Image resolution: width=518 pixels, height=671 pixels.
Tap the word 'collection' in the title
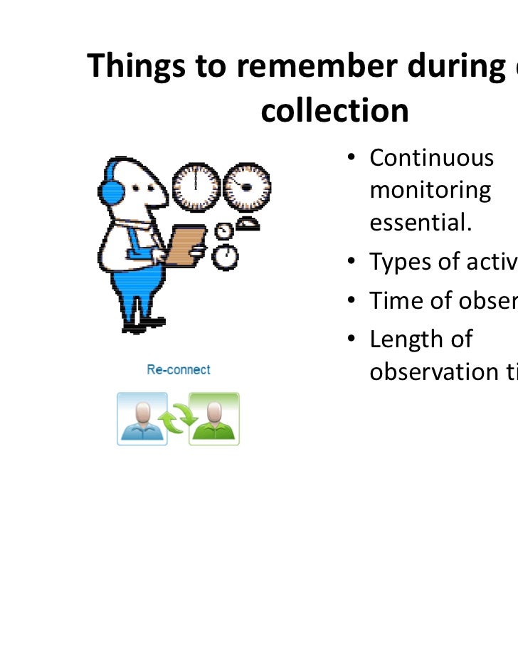point(334,110)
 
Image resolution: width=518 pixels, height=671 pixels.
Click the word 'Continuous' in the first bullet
point(431,157)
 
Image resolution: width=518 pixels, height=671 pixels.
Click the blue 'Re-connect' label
point(179,370)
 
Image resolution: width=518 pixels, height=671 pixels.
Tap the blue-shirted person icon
point(142,419)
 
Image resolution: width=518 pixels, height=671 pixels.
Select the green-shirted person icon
point(214,419)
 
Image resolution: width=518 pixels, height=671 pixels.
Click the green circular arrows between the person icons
point(178,421)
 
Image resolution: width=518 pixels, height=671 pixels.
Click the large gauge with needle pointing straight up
point(196,187)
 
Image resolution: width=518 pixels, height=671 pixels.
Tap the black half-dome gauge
point(247,224)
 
